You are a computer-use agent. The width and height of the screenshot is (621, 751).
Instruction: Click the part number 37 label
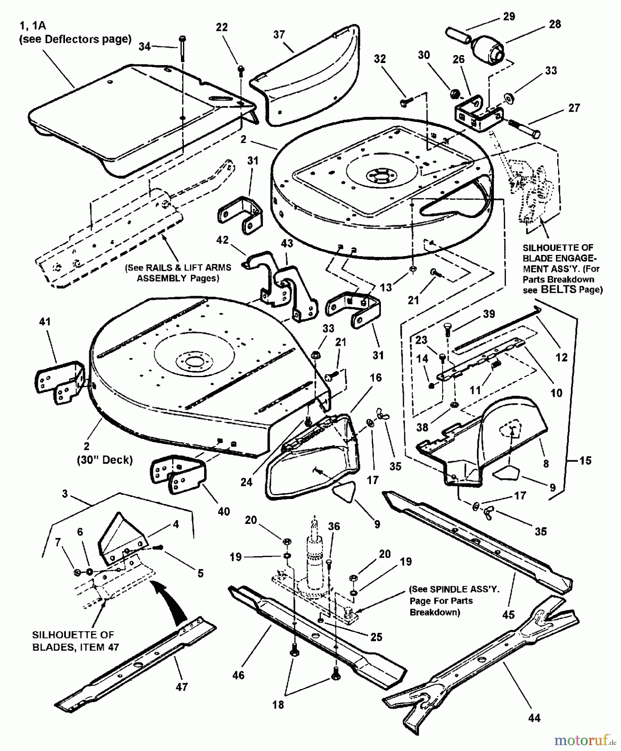coord(279,34)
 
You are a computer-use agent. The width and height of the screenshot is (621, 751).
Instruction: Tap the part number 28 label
coord(555,24)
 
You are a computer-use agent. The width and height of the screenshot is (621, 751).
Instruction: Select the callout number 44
coord(534,718)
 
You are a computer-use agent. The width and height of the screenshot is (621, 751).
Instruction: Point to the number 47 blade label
coord(182,686)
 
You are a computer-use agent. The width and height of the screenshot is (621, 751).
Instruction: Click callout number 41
coord(45,322)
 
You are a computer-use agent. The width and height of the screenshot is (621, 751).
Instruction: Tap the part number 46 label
coord(238,675)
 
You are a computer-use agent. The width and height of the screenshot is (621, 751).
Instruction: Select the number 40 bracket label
coord(224,511)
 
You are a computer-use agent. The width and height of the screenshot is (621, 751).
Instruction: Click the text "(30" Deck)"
coord(105,460)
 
